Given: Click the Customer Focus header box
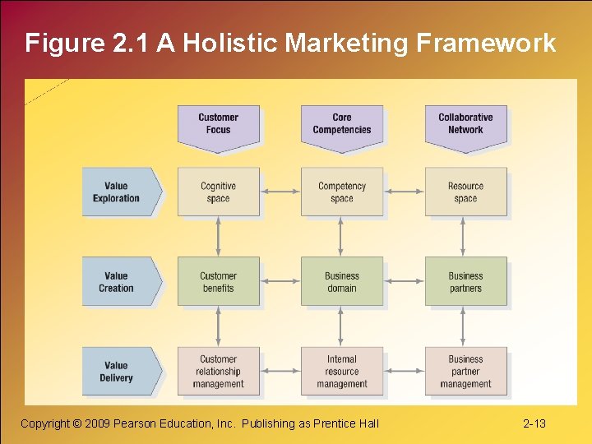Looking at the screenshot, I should pyautogui.click(x=219, y=125).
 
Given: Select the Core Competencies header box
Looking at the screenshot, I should pyautogui.click(x=342, y=125).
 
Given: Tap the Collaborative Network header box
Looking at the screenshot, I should pyautogui.click(x=465, y=125).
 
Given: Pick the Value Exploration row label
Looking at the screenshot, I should pyautogui.click(x=118, y=192).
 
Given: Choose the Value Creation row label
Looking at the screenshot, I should pyautogui.click(x=118, y=282).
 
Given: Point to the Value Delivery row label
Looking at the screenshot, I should pyautogui.click(x=118, y=372).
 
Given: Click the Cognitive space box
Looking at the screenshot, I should pyautogui.click(x=219, y=192).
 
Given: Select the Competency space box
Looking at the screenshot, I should pyautogui.click(x=342, y=192).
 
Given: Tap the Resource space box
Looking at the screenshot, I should pyautogui.click(x=465, y=192).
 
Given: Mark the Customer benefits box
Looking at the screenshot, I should pyautogui.click(x=219, y=282).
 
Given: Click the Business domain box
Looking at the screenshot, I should pyautogui.click(x=342, y=282).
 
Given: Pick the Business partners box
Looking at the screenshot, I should pyautogui.click(x=465, y=282).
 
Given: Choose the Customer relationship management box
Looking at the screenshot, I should pyautogui.click(x=219, y=372).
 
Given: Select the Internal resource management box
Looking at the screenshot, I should pyautogui.click(x=342, y=372).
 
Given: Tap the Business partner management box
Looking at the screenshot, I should pyautogui.click(x=465, y=372).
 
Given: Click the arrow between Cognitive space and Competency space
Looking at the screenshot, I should pyautogui.click(x=280, y=192).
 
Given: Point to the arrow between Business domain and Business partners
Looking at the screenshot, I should pyautogui.click(x=404, y=282).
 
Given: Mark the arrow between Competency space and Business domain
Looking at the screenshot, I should pyautogui.click(x=342, y=237).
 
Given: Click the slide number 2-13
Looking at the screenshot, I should pyautogui.click(x=534, y=423).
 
